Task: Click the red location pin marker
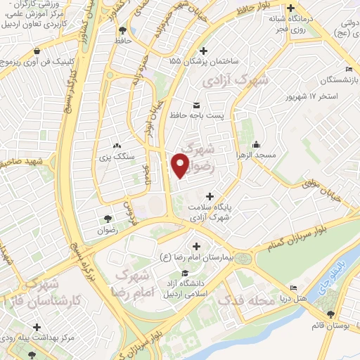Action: (x=180, y=163)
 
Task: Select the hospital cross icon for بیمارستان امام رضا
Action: (x=196, y=245)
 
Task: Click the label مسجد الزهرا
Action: (x=257, y=155)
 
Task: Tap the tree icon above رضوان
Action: (x=107, y=219)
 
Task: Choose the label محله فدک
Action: (x=245, y=301)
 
